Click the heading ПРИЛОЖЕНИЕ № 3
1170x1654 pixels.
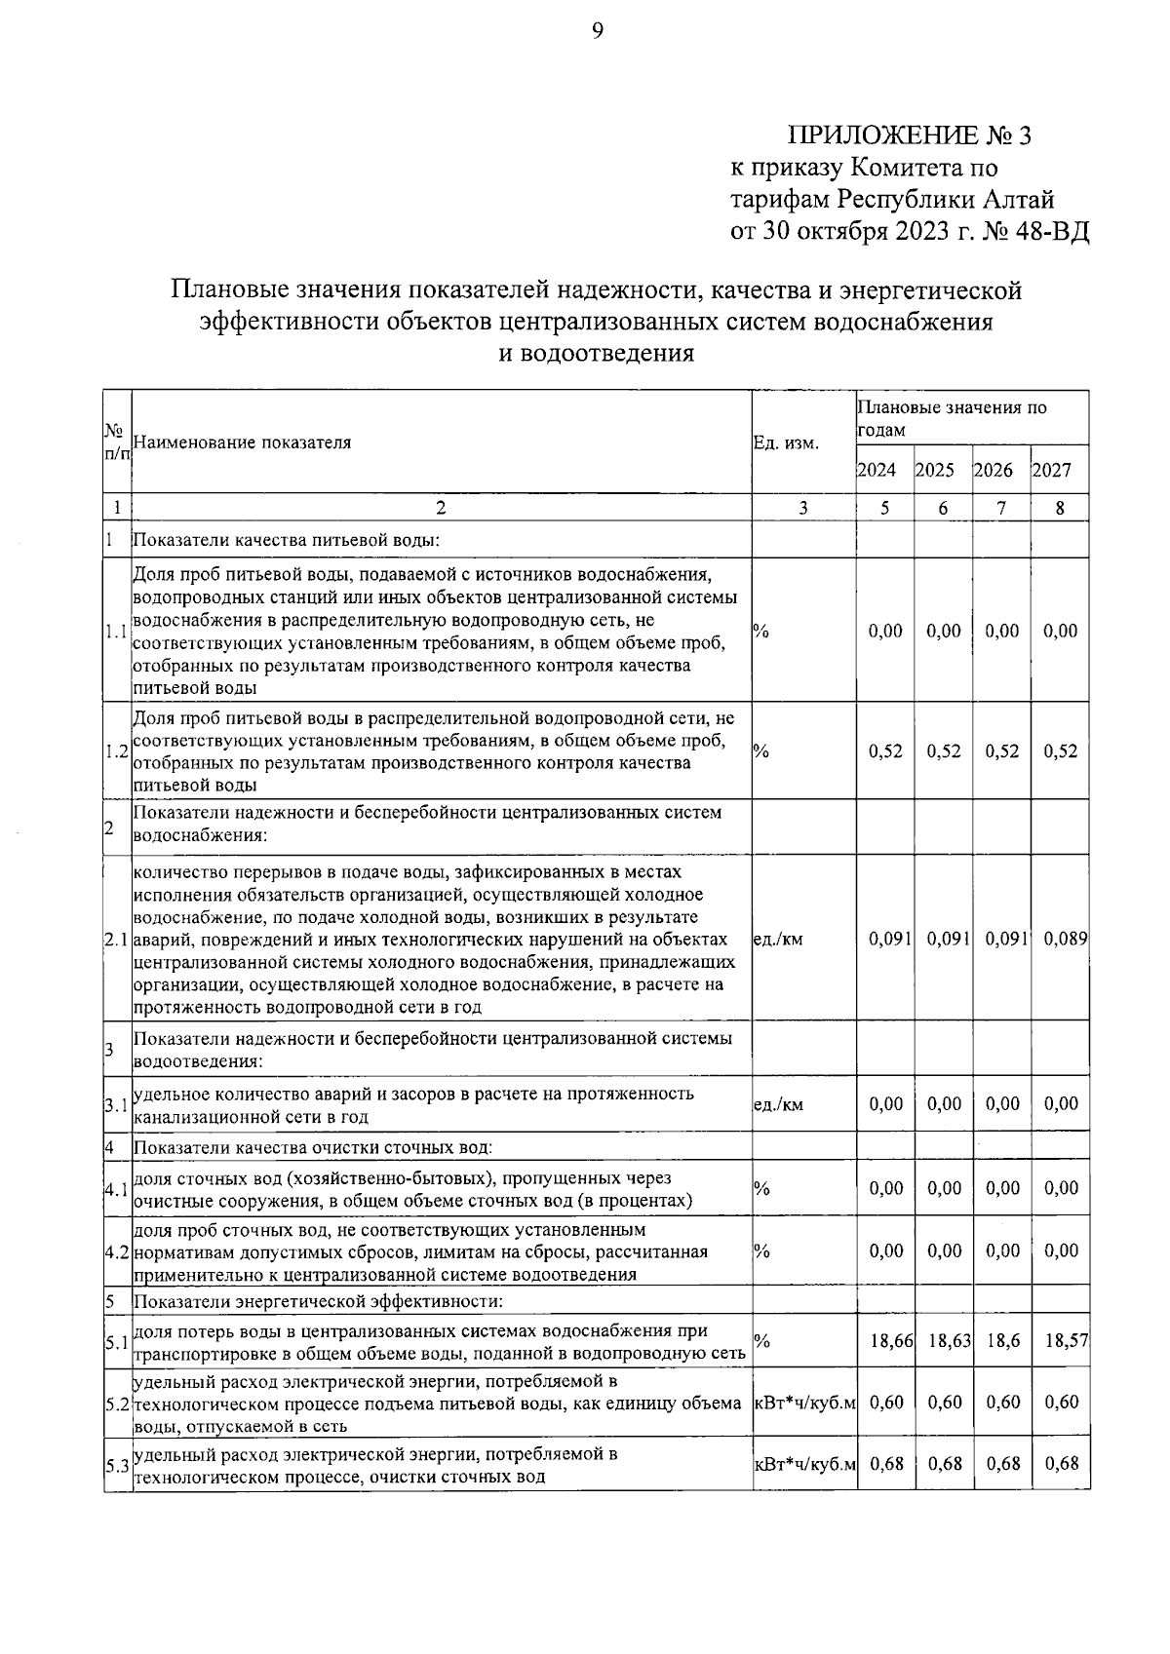(909, 135)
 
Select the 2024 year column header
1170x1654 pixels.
(876, 470)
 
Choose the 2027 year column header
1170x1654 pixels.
(1052, 470)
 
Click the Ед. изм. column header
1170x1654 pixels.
(786, 442)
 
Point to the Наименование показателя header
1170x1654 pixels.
(242, 442)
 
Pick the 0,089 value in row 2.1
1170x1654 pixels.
(1065, 939)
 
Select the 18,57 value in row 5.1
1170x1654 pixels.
(1066, 1342)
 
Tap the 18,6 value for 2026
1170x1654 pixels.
(1002, 1342)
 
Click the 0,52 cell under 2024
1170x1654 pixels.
(885, 751)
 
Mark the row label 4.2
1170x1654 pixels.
(117, 1251)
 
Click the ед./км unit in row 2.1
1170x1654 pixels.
(778, 940)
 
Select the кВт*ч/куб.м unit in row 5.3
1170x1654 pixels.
(805, 1465)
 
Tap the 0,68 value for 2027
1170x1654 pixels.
(1061, 1464)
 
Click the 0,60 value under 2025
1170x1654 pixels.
(944, 1403)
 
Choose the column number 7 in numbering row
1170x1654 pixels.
(1001, 508)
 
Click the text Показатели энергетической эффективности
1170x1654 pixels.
(318, 1301)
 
